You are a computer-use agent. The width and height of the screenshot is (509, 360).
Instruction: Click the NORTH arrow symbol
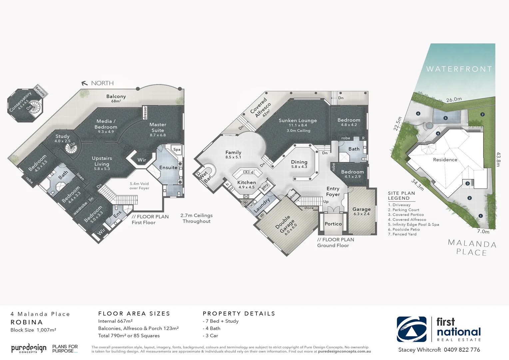(x=85, y=83)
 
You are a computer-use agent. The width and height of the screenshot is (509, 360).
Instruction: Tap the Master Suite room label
(x=158, y=127)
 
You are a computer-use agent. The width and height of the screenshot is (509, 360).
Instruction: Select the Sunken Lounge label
(x=297, y=121)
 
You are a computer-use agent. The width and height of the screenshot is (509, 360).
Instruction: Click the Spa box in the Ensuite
(x=177, y=149)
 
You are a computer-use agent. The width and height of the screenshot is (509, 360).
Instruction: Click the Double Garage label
(x=285, y=224)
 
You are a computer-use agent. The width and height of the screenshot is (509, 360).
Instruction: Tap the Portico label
(x=333, y=224)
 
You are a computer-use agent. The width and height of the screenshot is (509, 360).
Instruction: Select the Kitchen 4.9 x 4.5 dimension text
(x=247, y=187)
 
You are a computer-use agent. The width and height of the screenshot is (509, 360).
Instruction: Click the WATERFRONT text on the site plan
(x=459, y=69)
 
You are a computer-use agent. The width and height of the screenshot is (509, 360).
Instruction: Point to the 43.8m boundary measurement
(x=498, y=159)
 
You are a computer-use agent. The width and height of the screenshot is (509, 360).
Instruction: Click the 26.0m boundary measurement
(x=454, y=99)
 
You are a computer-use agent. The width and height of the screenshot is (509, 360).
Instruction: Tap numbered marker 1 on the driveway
(x=480, y=216)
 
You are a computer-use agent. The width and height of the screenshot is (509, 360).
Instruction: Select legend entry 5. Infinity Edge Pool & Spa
(x=413, y=224)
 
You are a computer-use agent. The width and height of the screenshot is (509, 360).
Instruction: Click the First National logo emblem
(x=411, y=329)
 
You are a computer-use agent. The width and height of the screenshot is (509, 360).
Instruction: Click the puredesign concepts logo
(x=29, y=348)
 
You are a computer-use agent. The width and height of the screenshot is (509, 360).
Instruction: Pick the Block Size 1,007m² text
(x=33, y=330)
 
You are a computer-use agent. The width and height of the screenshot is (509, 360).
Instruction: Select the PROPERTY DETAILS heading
(x=239, y=314)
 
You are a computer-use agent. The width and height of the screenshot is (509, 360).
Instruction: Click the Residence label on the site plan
(x=445, y=160)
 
